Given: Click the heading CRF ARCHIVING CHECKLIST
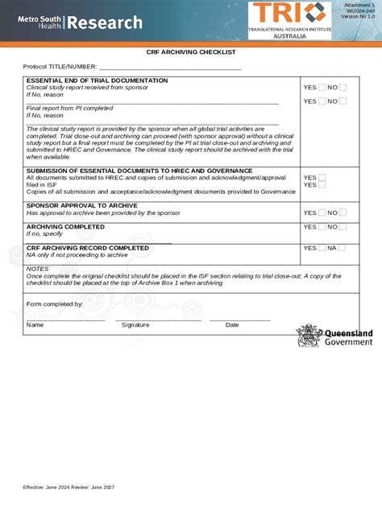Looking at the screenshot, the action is [191, 52].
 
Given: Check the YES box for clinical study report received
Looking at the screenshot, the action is [322, 88].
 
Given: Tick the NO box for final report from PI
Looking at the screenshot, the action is [343, 101].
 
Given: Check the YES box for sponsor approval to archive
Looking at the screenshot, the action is [322, 212].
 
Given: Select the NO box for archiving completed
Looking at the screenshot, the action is [343, 228].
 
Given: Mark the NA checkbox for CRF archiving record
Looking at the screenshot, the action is [343, 249].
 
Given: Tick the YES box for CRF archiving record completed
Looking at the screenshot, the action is [322, 249].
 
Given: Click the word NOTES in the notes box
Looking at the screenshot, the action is [38, 268].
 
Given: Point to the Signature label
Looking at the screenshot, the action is [135, 325].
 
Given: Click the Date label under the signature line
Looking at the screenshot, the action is [232, 325].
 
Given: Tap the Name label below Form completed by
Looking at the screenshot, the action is [35, 325].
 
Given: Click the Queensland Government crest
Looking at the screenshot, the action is [307, 336].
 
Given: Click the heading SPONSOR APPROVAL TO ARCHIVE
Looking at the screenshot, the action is [81, 205].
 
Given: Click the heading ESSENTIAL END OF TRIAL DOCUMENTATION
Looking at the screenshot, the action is [97, 80].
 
